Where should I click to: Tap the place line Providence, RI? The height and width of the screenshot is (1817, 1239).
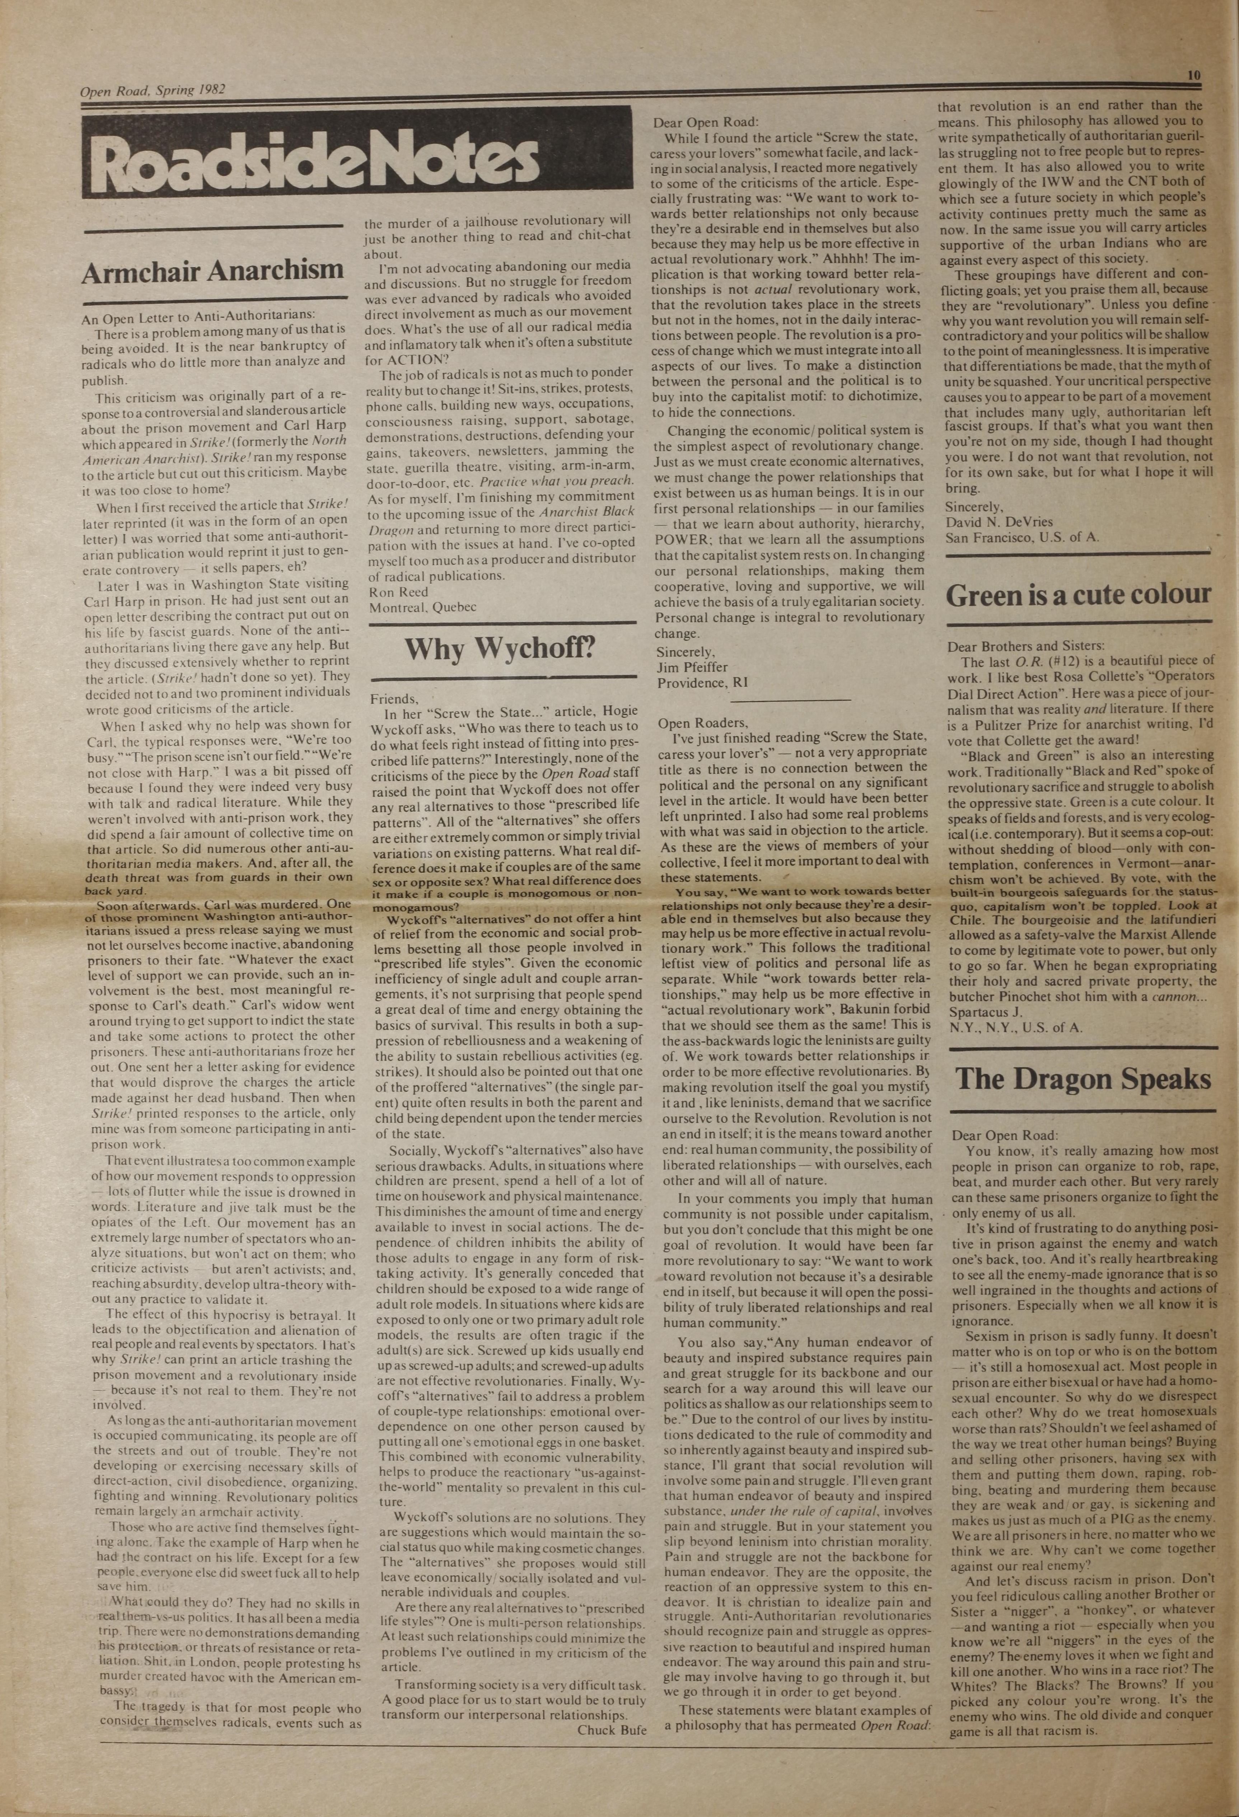702,682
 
